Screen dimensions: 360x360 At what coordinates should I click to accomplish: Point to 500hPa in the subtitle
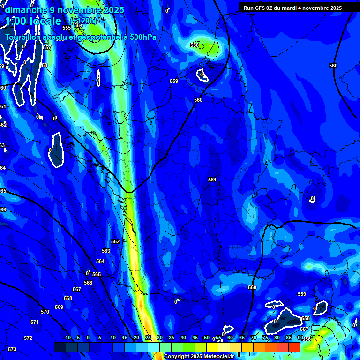click(x=141, y=37)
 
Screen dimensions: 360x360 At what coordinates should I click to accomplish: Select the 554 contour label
click(x=78, y=26)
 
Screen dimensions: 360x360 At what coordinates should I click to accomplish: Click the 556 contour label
click(x=307, y=339)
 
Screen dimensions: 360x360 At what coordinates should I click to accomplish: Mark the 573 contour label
click(x=12, y=349)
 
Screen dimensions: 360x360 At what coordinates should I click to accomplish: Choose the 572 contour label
click(x=28, y=338)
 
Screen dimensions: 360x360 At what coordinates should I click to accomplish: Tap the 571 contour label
click(x=34, y=322)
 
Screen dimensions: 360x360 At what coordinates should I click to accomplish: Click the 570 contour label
click(x=45, y=312)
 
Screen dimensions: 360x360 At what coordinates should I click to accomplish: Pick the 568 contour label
click(x=68, y=298)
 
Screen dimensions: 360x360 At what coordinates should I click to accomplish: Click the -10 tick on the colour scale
click(x=67, y=337)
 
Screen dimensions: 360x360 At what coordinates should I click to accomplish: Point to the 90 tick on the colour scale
click(x=300, y=337)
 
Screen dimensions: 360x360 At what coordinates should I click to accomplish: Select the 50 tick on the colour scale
click(x=207, y=337)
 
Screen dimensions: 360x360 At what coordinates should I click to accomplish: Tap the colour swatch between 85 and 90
click(x=294, y=347)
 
